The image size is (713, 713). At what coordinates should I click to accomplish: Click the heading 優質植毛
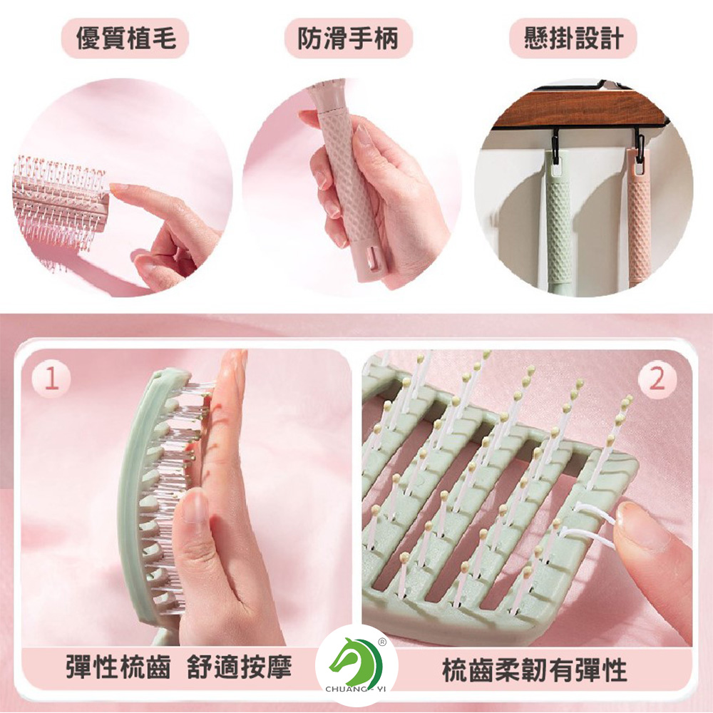[x=125, y=38]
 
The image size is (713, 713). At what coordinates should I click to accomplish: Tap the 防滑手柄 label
[x=348, y=38]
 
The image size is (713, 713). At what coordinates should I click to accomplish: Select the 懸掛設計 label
[x=573, y=38]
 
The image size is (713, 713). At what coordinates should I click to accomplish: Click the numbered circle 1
[x=51, y=378]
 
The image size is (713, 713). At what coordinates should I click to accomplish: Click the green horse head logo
[x=356, y=661]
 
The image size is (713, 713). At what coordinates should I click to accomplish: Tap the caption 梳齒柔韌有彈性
[x=534, y=670]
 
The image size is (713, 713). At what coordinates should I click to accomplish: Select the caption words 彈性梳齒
[x=118, y=667]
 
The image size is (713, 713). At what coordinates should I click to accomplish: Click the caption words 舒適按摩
[x=239, y=667]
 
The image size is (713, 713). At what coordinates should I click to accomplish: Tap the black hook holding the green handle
[x=555, y=146]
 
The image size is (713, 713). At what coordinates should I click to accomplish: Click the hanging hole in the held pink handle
[x=371, y=263]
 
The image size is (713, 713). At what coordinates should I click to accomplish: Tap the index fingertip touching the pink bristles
[x=115, y=188]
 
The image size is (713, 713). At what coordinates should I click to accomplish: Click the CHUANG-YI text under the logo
[x=356, y=689]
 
